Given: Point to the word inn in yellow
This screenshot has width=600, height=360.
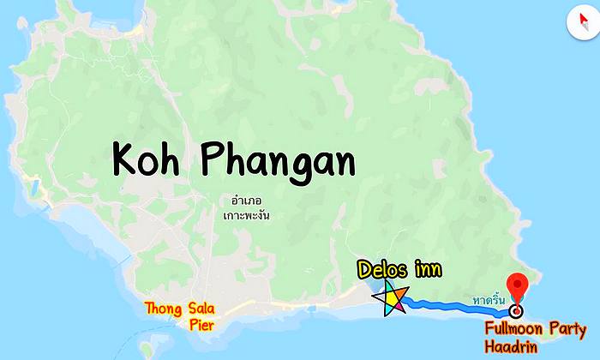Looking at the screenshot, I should (x=427, y=271).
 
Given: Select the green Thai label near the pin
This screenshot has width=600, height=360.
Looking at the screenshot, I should (x=488, y=301).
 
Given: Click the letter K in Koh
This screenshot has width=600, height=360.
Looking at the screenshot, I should (x=127, y=159).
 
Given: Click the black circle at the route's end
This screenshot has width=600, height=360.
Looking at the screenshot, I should (x=515, y=312).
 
